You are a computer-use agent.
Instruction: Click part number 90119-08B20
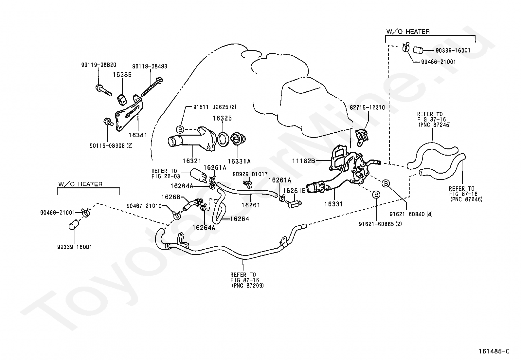pos(99,65)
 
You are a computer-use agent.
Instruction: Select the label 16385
pos(122,74)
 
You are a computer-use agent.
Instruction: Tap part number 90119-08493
pos(150,66)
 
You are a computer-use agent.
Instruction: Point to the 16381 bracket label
pos(138,135)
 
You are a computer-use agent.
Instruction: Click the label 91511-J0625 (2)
pos(214,107)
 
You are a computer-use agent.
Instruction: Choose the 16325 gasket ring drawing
pos(223,140)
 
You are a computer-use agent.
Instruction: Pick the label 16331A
pos(239,161)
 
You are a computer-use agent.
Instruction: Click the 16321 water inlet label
pos(192,161)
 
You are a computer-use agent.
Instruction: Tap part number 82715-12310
pos(367,107)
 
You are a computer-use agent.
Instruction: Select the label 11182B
pos(303,161)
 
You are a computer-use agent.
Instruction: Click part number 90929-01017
pos(250,174)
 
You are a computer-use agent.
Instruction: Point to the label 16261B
pos(294,191)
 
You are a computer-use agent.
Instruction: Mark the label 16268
pos(171,197)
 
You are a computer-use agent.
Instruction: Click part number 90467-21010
pos(144,206)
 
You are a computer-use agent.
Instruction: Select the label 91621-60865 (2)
pos(380,224)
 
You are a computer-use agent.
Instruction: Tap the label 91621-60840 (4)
pos(411,214)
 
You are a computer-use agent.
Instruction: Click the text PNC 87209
pos(248,286)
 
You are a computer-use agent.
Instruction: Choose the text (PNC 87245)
pos(435,125)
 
